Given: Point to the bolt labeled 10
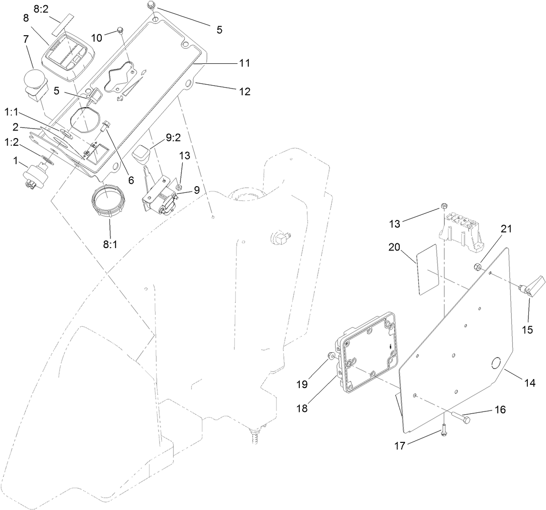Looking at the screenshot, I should (120, 31).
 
